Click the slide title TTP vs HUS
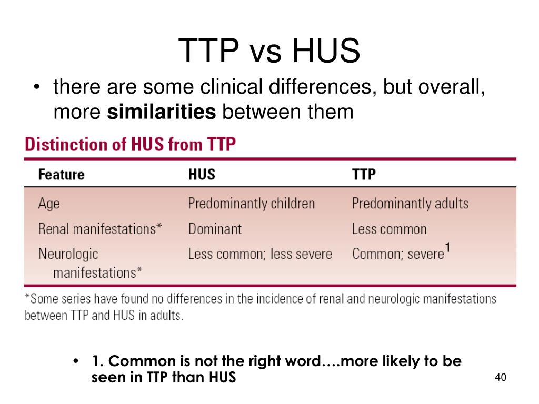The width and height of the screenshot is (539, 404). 269,52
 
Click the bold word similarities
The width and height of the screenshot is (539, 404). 162,112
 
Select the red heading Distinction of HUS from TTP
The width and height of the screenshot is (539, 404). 130,144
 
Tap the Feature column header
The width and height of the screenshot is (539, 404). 61,175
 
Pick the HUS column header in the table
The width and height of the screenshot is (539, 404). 202,175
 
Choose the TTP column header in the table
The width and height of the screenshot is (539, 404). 364,175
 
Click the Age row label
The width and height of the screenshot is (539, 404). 49,204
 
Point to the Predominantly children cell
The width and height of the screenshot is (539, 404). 251,204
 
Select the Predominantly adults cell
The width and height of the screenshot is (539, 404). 410,204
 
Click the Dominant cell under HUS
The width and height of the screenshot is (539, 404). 215,229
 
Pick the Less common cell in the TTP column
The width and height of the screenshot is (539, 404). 389,229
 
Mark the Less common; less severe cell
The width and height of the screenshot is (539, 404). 260,254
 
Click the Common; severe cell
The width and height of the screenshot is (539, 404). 398,254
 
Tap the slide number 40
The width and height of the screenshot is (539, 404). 500,378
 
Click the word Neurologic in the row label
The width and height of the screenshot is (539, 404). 68,254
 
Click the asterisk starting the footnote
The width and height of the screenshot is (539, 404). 27,298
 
